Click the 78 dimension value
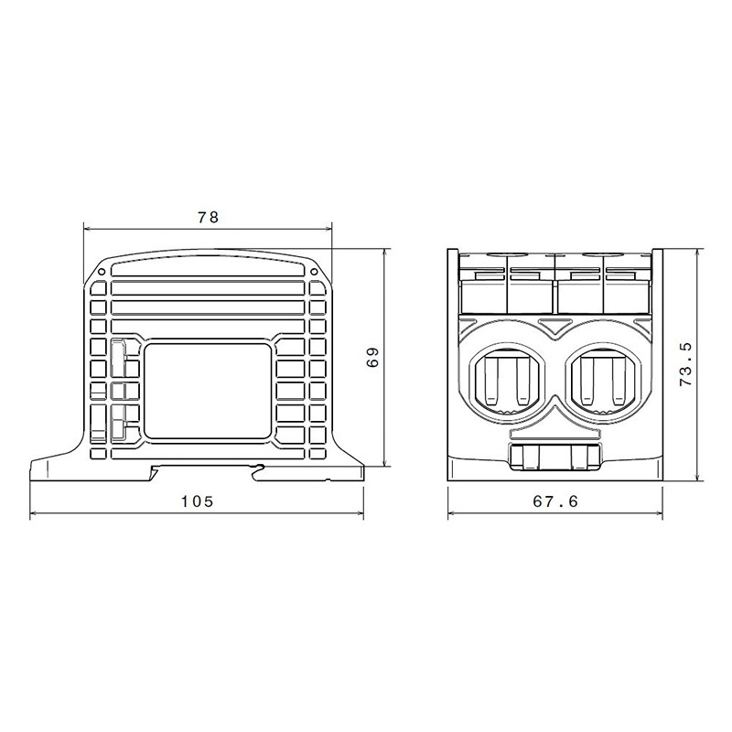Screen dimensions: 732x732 click(x=209, y=218)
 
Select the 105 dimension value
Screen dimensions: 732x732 click(x=197, y=501)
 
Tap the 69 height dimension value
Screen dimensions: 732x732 click(x=372, y=358)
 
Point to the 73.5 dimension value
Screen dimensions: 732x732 click(x=685, y=364)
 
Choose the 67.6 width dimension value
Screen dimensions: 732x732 click(x=555, y=501)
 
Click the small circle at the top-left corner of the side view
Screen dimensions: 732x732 click(x=102, y=272)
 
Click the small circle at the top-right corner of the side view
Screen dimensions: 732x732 click(x=314, y=272)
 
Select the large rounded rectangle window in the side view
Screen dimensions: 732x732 click(x=208, y=392)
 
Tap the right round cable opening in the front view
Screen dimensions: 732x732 click(x=603, y=382)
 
